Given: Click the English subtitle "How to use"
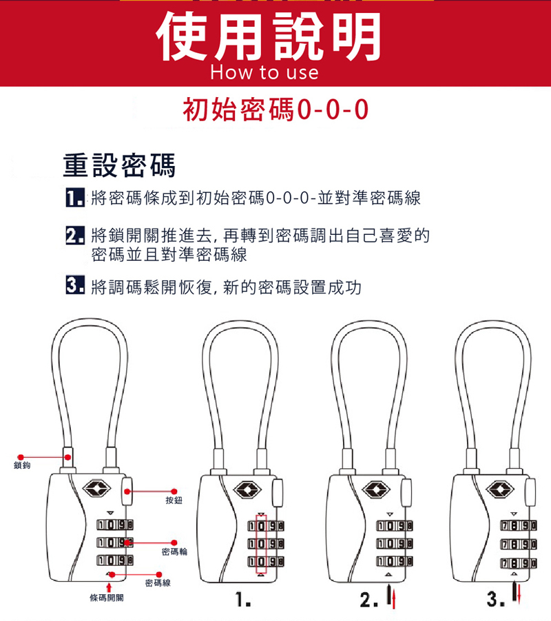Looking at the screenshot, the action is pyautogui.click(x=264, y=72).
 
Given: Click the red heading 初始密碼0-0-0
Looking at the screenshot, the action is pyautogui.click(x=275, y=109).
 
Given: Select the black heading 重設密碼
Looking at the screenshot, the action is pyautogui.click(x=119, y=165).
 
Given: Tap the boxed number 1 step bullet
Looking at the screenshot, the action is pyautogui.click(x=75, y=198).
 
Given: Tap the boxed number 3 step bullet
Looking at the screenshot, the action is pyautogui.click(x=75, y=285).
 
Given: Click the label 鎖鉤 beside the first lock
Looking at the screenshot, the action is pyautogui.click(x=22, y=465).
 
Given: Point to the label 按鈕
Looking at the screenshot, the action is pyautogui.click(x=174, y=501).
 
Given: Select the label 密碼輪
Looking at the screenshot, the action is pyautogui.click(x=174, y=551).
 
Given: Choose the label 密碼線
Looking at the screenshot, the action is pyautogui.click(x=158, y=583).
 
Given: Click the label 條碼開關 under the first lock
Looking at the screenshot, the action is pyautogui.click(x=107, y=598).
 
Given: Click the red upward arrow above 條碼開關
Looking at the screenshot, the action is pyautogui.click(x=109, y=588).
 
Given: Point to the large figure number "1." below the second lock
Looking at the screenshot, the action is pyautogui.click(x=243, y=600).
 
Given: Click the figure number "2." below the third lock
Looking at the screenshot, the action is pyautogui.click(x=368, y=600).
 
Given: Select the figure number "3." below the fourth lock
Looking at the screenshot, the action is pyautogui.click(x=496, y=599).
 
